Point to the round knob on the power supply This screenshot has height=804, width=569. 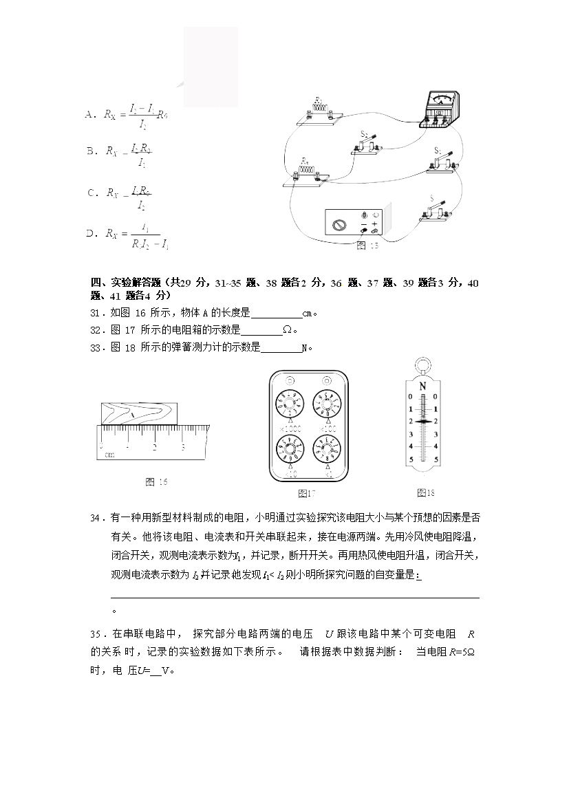pos(338,225)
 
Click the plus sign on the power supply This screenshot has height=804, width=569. pos(375,224)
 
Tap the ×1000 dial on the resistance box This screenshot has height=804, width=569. pos(290,401)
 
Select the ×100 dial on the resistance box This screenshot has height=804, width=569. pos(328,401)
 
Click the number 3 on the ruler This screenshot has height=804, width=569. pos(183,446)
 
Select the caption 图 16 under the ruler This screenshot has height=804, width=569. pos(156,481)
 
